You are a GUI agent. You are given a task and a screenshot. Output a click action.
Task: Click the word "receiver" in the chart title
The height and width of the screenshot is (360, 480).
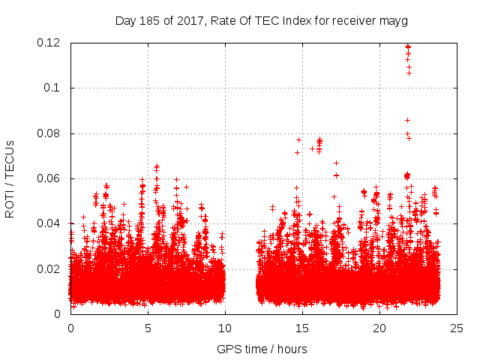[x=353, y=21]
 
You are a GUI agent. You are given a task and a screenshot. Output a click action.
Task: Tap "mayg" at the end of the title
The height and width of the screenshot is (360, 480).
[x=392, y=21]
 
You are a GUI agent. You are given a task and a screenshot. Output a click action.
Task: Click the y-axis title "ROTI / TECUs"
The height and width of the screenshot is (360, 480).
[x=10, y=178]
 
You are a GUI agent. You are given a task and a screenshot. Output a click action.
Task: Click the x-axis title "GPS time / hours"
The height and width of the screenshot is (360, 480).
[x=262, y=349]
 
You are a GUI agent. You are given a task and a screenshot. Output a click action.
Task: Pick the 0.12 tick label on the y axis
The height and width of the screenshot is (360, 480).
[x=49, y=43]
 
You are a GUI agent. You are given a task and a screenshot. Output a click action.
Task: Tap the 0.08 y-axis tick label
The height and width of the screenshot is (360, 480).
[x=49, y=133]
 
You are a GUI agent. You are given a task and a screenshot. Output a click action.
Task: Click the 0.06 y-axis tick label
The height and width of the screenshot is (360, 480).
[x=49, y=178]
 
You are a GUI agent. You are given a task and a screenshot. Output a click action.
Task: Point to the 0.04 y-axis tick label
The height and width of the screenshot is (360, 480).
[x=49, y=223]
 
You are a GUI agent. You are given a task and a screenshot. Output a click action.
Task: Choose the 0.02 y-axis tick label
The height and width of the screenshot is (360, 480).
[x=49, y=268]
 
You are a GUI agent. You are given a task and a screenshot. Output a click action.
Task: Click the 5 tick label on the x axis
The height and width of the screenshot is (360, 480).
[x=148, y=328]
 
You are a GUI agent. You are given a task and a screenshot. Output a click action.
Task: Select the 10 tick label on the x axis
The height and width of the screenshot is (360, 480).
[x=225, y=328]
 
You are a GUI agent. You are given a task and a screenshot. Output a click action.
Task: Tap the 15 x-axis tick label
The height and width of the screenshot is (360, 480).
[x=302, y=328]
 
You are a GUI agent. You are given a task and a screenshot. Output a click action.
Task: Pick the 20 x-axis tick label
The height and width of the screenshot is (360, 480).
[x=379, y=328]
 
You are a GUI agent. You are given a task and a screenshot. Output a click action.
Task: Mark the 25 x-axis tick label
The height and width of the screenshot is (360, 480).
[x=457, y=328]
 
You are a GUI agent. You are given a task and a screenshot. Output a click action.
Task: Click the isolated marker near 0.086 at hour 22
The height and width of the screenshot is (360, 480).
[x=407, y=120]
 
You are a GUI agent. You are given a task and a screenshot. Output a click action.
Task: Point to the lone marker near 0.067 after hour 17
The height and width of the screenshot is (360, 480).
[x=336, y=163]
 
